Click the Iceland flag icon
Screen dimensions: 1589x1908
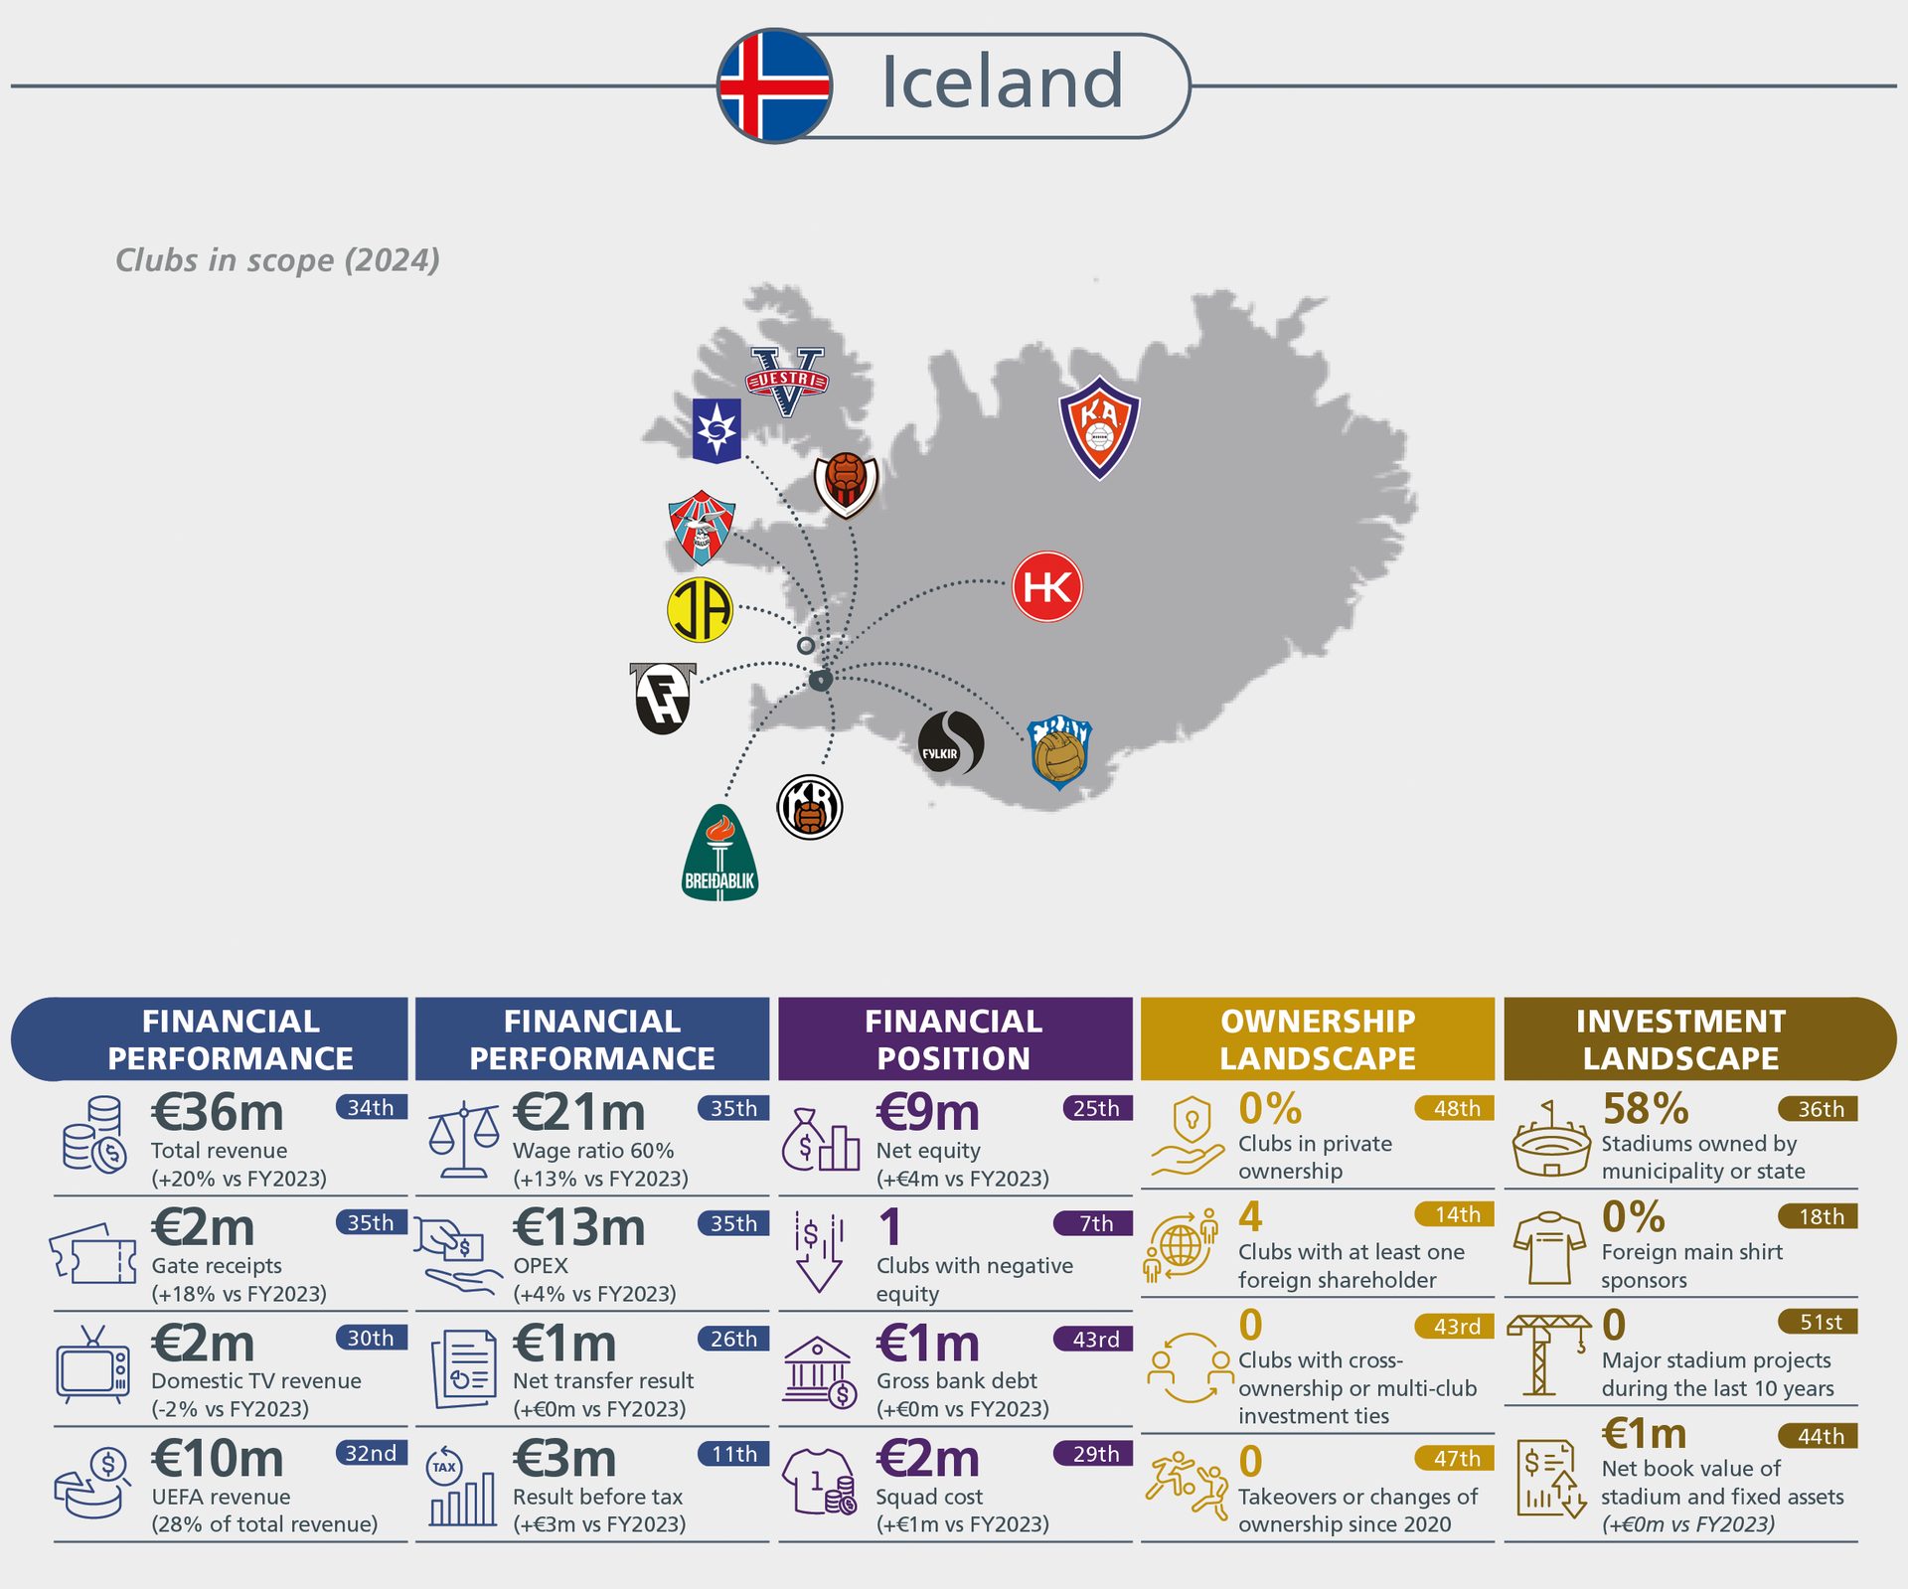click(x=774, y=85)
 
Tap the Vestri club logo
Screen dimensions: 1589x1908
click(x=786, y=381)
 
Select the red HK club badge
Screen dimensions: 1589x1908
click(x=1046, y=586)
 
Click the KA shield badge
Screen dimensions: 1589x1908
click(x=1099, y=427)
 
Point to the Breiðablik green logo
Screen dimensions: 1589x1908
click(x=719, y=855)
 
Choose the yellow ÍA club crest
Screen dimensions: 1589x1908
click(x=700, y=609)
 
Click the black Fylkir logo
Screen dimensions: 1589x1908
click(x=950, y=743)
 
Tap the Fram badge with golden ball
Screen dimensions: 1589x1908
click(x=1059, y=752)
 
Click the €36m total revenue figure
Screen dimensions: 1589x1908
click(x=217, y=1112)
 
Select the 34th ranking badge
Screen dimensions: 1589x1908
click(x=371, y=1107)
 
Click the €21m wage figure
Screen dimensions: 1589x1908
click(x=578, y=1112)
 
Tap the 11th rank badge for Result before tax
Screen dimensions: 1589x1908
click(x=733, y=1454)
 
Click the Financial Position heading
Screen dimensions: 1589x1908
click(x=954, y=1039)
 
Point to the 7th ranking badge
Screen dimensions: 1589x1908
click(x=1095, y=1223)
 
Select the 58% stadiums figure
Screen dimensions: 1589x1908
click(x=1646, y=1109)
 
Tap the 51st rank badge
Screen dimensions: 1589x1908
click(x=1821, y=1322)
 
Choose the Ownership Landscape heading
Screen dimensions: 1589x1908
click(x=1317, y=1039)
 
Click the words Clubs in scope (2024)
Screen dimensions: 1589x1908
click(x=277, y=260)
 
